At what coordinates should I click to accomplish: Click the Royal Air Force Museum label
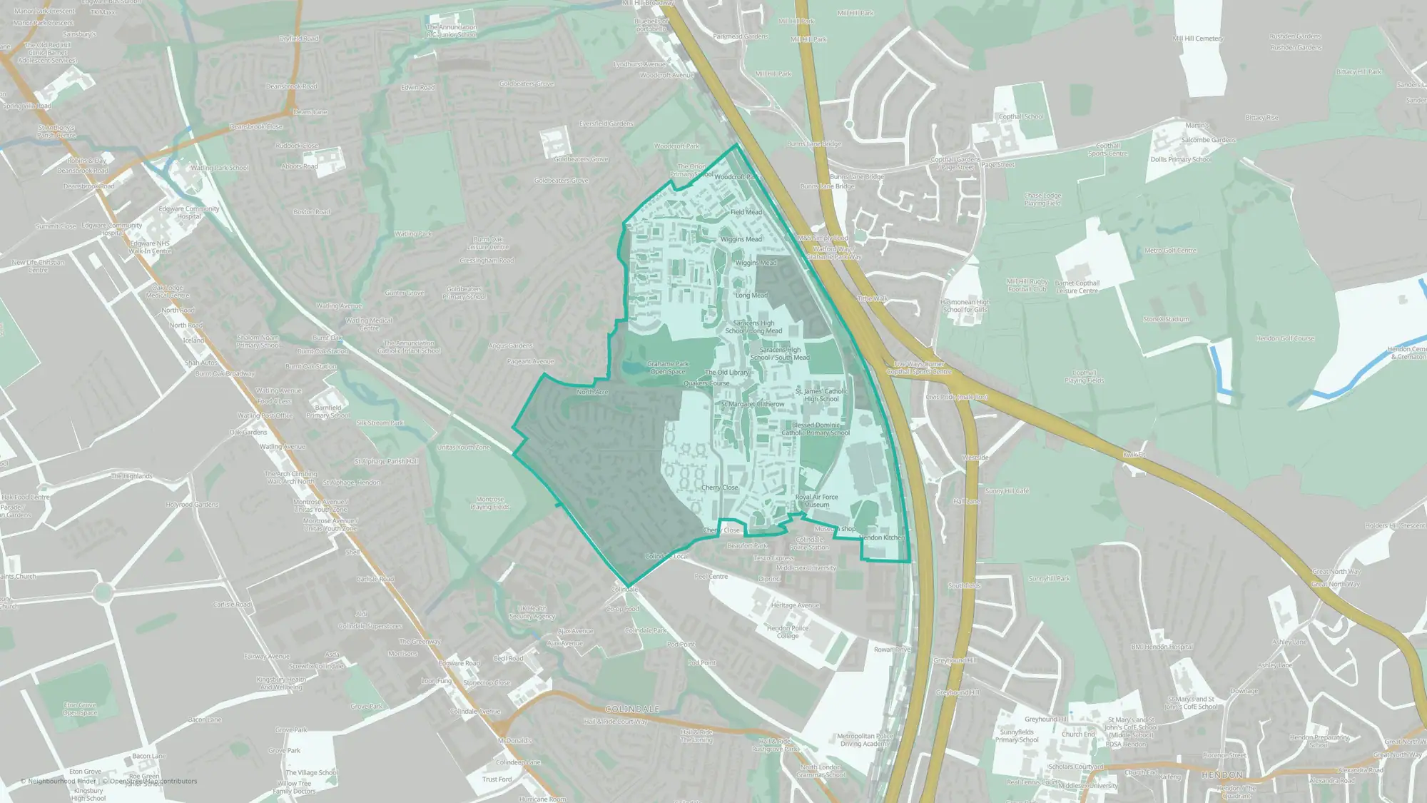pos(816,500)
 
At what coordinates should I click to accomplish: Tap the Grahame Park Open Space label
pos(668,368)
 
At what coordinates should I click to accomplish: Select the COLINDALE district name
pos(632,709)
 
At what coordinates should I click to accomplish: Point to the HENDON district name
pos(1222,775)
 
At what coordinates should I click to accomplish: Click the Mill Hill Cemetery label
pos(1198,39)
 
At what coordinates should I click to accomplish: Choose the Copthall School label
pos(1021,116)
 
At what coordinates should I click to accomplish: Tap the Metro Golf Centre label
pos(1170,251)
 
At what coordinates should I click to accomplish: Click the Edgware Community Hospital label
pos(188,213)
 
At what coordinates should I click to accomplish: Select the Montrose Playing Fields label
pos(490,503)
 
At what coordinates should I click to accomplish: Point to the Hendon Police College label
pos(788,632)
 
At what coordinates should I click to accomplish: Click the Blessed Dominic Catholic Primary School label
pos(816,428)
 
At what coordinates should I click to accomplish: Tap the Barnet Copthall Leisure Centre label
pos(1077,287)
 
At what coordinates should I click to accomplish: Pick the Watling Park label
pos(413,233)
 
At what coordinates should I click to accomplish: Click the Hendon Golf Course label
pos(1285,338)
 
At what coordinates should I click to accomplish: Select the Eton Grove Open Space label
pos(80,709)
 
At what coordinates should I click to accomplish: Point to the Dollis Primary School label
pos(1180,159)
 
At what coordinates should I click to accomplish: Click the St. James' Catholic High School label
pos(822,395)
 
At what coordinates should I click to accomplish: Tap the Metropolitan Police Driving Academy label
pos(865,739)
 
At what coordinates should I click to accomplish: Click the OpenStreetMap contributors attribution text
pos(153,781)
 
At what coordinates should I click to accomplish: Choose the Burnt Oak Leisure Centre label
pos(488,243)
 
